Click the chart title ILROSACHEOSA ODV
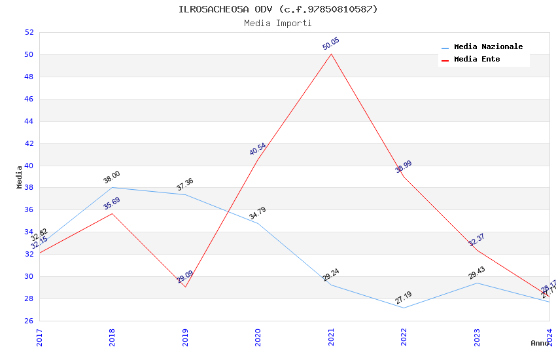278,9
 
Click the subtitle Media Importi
278,24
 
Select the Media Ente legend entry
477,60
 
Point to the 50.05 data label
331,44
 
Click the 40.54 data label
258,149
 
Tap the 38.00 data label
112,177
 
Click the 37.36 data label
185,185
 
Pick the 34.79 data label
258,213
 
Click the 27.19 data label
404,298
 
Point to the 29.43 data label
477,273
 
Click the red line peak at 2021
331,54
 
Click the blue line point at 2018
113,188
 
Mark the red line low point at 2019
185,287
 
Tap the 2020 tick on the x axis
258,336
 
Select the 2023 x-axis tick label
477,336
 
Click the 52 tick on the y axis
29,33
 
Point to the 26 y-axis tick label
29,321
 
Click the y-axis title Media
20,177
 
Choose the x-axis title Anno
540,343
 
